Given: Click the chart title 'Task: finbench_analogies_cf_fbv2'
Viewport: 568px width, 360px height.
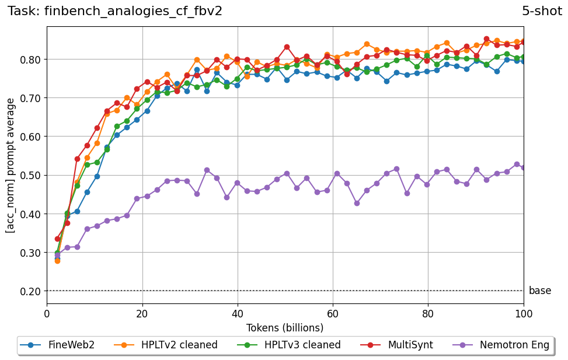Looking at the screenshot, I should click(115, 11).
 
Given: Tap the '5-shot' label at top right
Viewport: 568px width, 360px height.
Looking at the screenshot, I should click(542, 11).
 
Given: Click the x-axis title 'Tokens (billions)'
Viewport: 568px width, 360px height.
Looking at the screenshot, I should click(285, 328).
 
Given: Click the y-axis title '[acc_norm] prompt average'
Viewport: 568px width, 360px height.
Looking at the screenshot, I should click(11, 165).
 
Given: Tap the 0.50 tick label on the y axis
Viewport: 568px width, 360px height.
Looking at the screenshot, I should click(30, 175).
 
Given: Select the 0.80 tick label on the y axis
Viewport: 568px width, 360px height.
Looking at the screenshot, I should click(30, 60).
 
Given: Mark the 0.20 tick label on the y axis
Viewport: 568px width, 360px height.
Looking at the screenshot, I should click(30, 291).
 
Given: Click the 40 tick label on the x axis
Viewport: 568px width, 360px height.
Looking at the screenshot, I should click(238, 313).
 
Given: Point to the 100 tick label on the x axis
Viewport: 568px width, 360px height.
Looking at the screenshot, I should click(523, 313).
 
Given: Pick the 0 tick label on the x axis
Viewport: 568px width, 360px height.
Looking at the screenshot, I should click(47, 313).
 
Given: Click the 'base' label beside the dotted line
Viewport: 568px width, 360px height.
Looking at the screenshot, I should click(539, 291).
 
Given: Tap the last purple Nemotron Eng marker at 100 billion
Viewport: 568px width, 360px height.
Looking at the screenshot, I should click(524, 167).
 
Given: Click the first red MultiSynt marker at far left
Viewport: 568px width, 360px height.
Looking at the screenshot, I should click(57, 239).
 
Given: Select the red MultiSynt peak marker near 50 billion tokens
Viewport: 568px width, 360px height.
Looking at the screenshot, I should click(287, 47).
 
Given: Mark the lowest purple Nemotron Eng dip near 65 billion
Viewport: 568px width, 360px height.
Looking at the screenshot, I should click(357, 203).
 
